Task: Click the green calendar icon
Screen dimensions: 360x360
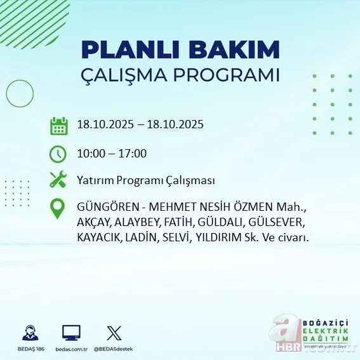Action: pyautogui.click(x=58, y=125)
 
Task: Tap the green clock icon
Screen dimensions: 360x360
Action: pyautogui.click(x=58, y=154)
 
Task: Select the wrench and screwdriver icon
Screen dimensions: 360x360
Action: pyautogui.click(x=58, y=180)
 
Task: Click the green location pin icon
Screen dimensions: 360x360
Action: pyautogui.click(x=58, y=209)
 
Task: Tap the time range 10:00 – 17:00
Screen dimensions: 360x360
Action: pyautogui.click(x=111, y=154)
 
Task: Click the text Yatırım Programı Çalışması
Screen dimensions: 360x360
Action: pyautogui.click(x=145, y=180)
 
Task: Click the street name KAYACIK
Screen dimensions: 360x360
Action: pyautogui.click(x=99, y=237)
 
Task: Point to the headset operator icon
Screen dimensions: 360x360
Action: pyautogui.click(x=29, y=333)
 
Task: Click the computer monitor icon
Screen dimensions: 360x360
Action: pyautogui.click(x=71, y=333)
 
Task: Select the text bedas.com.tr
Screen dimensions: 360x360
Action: pyautogui.click(x=71, y=349)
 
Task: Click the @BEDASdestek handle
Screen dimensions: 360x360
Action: pyautogui.click(x=114, y=349)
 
